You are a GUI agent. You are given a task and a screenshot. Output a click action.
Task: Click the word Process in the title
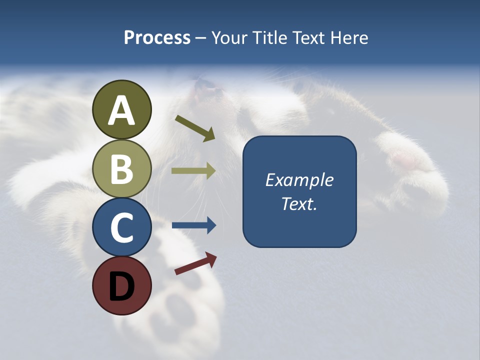point(157,37)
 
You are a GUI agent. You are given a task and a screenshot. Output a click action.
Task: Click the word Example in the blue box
point(299,180)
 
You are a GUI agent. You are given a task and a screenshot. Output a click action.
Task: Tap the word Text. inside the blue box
point(299,203)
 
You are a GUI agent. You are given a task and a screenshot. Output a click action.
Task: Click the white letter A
point(121,111)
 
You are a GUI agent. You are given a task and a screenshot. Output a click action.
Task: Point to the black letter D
point(121,286)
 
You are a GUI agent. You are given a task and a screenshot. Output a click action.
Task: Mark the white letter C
point(121,227)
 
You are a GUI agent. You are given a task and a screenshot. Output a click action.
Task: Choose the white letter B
point(121,169)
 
